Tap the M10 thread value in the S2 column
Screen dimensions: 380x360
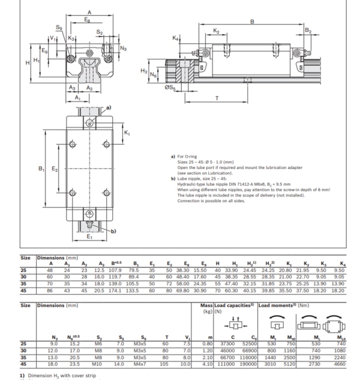pyautogui.click(x=97, y=363)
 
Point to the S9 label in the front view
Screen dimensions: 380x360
pyautogui.click(x=59, y=28)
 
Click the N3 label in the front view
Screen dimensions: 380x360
pyautogui.click(x=124, y=48)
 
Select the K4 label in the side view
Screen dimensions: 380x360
pyautogui.click(x=176, y=38)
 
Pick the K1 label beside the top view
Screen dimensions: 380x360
pyautogui.click(x=127, y=132)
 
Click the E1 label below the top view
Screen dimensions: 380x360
pyautogui.click(x=89, y=237)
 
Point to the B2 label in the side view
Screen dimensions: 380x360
pyautogui.click(x=308, y=30)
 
